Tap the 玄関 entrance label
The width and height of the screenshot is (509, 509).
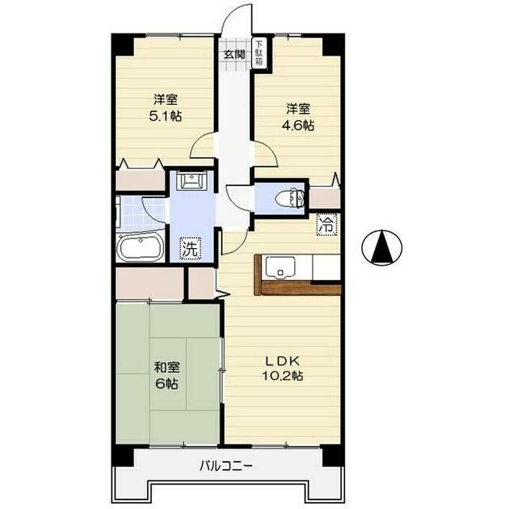[x=233, y=55]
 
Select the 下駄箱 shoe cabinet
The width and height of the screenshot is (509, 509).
[x=259, y=52]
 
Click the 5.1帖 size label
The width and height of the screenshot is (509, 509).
[x=165, y=115]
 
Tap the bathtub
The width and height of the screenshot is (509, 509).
[x=141, y=248]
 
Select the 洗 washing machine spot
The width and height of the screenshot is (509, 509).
[x=191, y=247]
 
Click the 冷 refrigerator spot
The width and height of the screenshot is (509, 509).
[x=327, y=224]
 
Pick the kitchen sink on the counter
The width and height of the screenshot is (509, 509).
[x=282, y=266]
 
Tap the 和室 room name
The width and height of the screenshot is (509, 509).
[x=167, y=367]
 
